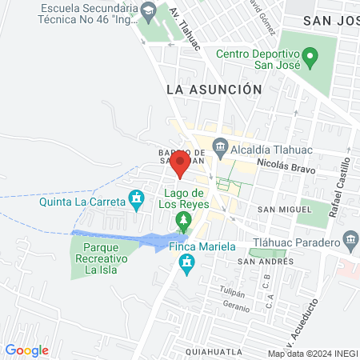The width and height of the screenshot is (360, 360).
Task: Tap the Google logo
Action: click(x=27, y=350)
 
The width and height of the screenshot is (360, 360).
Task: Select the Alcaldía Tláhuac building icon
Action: click(x=220, y=148)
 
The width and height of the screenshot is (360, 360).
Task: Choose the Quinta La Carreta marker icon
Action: click(x=138, y=197)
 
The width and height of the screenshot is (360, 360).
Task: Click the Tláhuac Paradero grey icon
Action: click(x=350, y=239)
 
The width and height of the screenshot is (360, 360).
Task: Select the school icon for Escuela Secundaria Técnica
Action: click(x=147, y=11)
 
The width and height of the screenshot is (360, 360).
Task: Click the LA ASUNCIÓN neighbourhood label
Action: click(x=214, y=90)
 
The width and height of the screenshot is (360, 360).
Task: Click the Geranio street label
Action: click(x=236, y=306)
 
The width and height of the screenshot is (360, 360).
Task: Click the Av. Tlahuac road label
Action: click(x=183, y=30)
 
